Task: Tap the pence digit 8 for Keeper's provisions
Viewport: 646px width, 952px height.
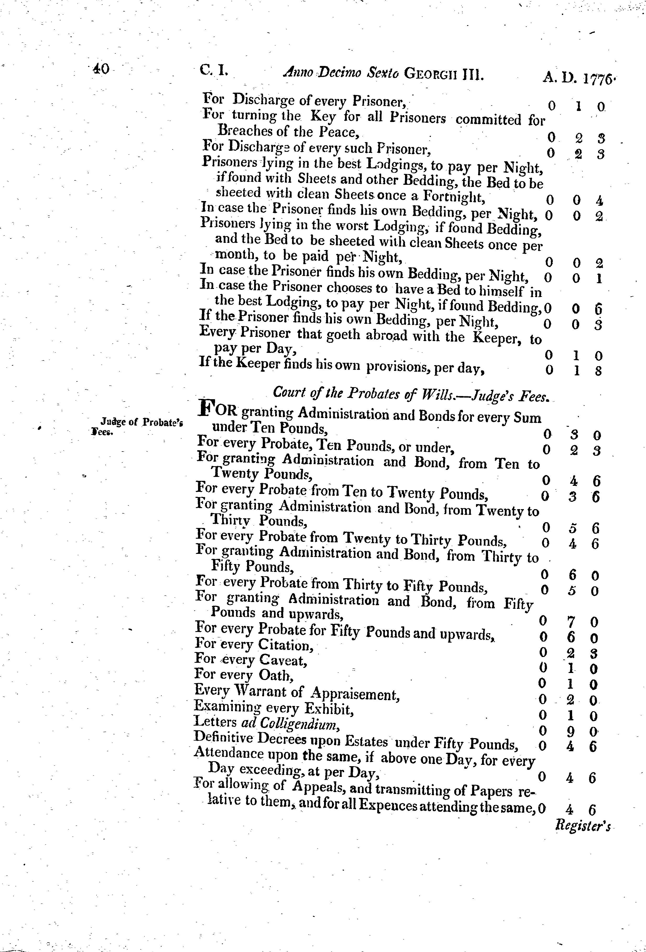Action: pyautogui.click(x=598, y=371)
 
